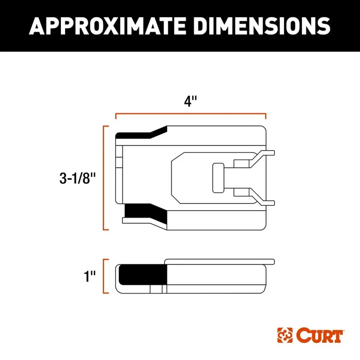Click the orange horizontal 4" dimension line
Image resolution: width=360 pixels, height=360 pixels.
[x=190, y=114]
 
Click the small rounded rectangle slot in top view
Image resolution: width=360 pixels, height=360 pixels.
[x=218, y=178]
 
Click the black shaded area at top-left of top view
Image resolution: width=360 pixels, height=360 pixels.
[x=139, y=135]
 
